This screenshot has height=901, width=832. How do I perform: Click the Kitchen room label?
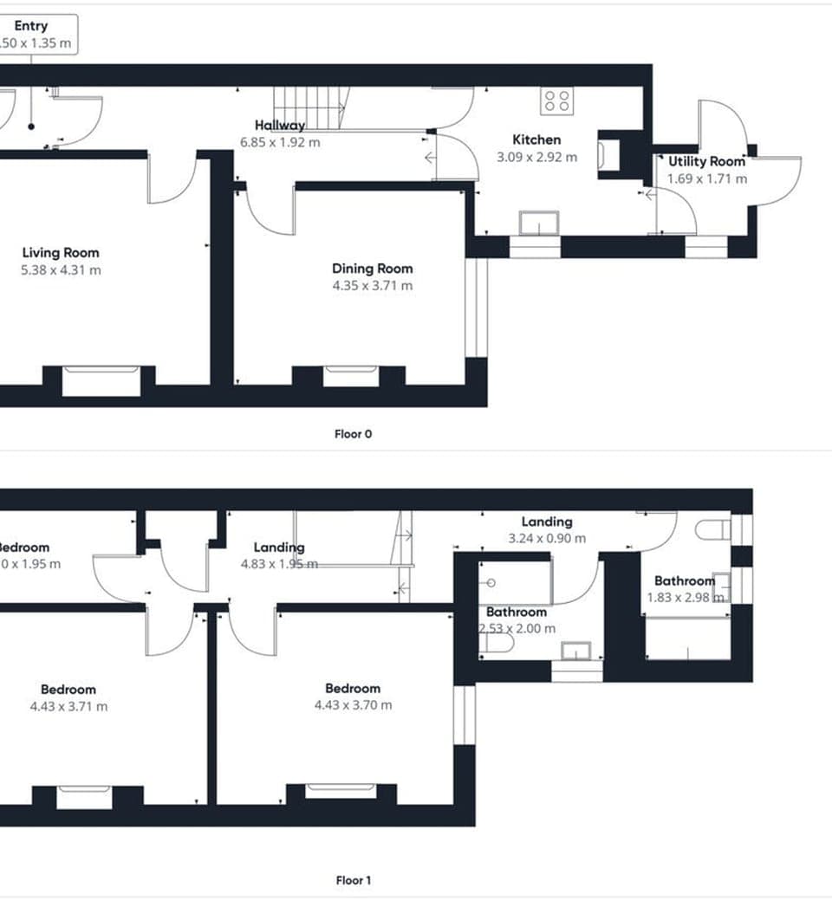pyautogui.click(x=536, y=139)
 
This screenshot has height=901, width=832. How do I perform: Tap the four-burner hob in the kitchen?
pyautogui.click(x=556, y=101)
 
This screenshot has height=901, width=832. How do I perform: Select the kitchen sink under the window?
pyautogui.click(x=539, y=224)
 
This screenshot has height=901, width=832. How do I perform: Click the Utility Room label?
pyautogui.click(x=706, y=162)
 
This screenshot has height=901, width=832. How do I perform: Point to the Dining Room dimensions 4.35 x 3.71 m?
pyautogui.click(x=373, y=286)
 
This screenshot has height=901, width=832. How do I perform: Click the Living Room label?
pyautogui.click(x=61, y=253)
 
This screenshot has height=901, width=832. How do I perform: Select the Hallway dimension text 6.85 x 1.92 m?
pyautogui.click(x=280, y=142)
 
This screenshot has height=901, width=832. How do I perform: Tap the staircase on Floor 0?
pyautogui.click(x=311, y=108)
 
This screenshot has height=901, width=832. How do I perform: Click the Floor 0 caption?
pyautogui.click(x=353, y=434)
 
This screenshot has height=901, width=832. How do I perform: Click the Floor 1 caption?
pyautogui.click(x=353, y=880)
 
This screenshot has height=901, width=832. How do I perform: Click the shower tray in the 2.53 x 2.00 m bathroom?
pyautogui.click(x=514, y=581)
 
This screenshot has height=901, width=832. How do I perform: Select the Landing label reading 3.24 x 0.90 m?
pyautogui.click(x=547, y=529)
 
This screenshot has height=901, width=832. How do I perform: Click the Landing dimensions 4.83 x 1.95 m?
pyautogui.click(x=279, y=564)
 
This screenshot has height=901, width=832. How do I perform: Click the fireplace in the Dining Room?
pyautogui.click(x=350, y=376)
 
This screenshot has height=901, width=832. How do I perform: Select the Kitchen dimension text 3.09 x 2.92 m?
pyautogui.click(x=536, y=158)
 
